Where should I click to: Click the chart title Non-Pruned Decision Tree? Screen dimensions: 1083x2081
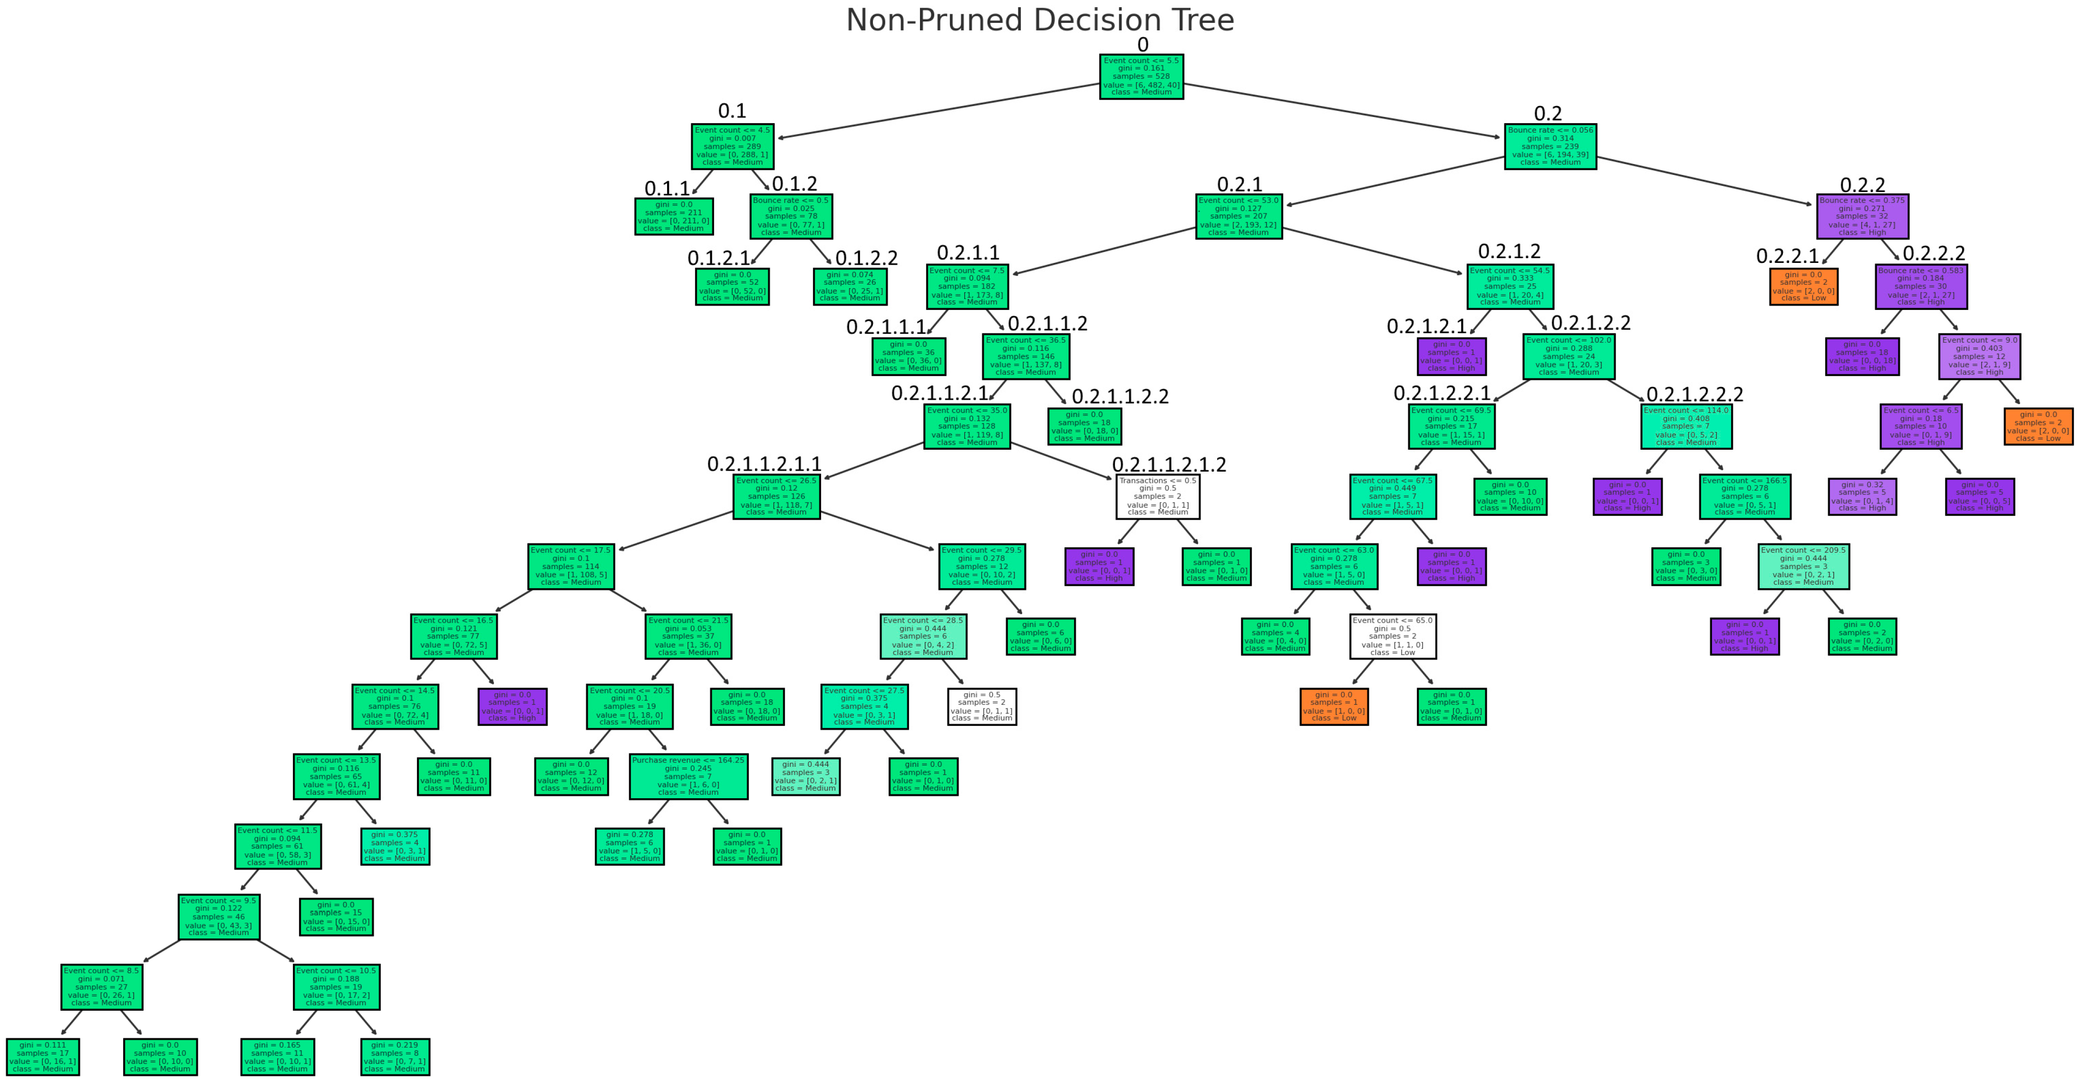coord(1040,20)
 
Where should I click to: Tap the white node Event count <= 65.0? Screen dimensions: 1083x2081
coord(1392,637)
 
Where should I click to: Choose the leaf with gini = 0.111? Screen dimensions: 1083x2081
coord(43,1056)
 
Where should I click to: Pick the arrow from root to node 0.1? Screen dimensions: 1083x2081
coord(937,111)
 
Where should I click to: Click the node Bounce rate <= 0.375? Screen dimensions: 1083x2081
coord(1862,216)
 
